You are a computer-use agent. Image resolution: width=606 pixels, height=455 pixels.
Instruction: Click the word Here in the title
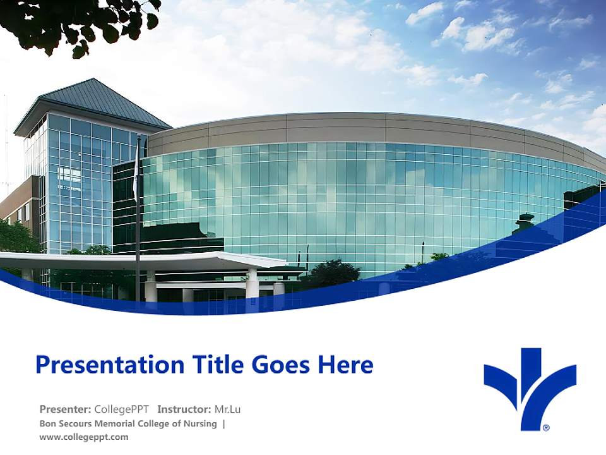345,365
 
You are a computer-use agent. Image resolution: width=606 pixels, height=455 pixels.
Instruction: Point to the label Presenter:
66,409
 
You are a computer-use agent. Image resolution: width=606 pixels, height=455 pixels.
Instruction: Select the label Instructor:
184,409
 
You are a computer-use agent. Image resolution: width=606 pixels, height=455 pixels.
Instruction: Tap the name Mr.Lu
228,409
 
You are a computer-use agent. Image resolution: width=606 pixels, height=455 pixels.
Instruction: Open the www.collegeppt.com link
84,437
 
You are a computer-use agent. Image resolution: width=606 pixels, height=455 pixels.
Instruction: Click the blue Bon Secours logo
530,385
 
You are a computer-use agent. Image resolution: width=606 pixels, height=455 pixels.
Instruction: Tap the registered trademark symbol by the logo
546,428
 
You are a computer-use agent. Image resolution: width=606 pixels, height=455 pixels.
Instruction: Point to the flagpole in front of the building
138,221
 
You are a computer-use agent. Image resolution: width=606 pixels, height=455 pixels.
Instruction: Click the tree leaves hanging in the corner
82,22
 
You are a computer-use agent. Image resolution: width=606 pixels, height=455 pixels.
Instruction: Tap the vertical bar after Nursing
223,423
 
